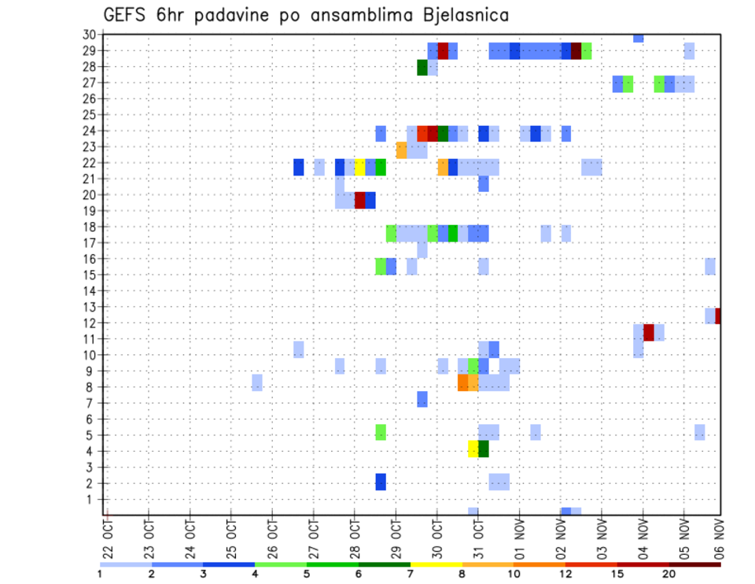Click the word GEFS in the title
point(124,14)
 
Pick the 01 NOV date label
point(520,538)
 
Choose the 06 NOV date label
point(719,538)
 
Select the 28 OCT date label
point(355,538)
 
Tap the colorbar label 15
point(618,574)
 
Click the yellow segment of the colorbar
point(436,564)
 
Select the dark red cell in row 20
point(360,200)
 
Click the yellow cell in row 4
point(473,449)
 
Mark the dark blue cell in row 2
point(381,482)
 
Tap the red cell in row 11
point(649,332)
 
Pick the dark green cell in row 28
point(422,68)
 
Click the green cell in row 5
point(381,432)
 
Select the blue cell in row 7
point(422,399)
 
